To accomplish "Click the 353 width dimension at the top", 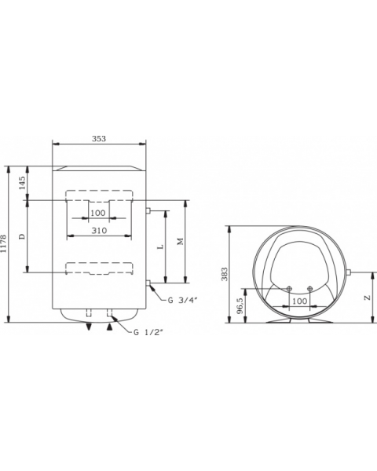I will tap(98, 138).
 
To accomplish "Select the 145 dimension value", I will tap(22, 182).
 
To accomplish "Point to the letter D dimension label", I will tap(22, 236).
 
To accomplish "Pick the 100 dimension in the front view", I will tap(97, 213).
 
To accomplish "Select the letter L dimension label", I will tap(160, 246).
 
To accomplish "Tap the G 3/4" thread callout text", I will tap(183, 299).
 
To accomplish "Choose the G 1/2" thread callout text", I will tap(148, 333).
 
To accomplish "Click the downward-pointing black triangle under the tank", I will tap(89, 327).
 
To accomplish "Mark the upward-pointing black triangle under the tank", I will tap(108, 327).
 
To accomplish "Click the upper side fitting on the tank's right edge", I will tap(148, 210).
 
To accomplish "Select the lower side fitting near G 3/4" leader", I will tap(148, 282).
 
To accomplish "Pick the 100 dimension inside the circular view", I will tap(299, 301).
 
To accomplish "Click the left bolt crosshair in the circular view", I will tap(289, 288).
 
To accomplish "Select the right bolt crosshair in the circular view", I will tap(311, 288).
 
